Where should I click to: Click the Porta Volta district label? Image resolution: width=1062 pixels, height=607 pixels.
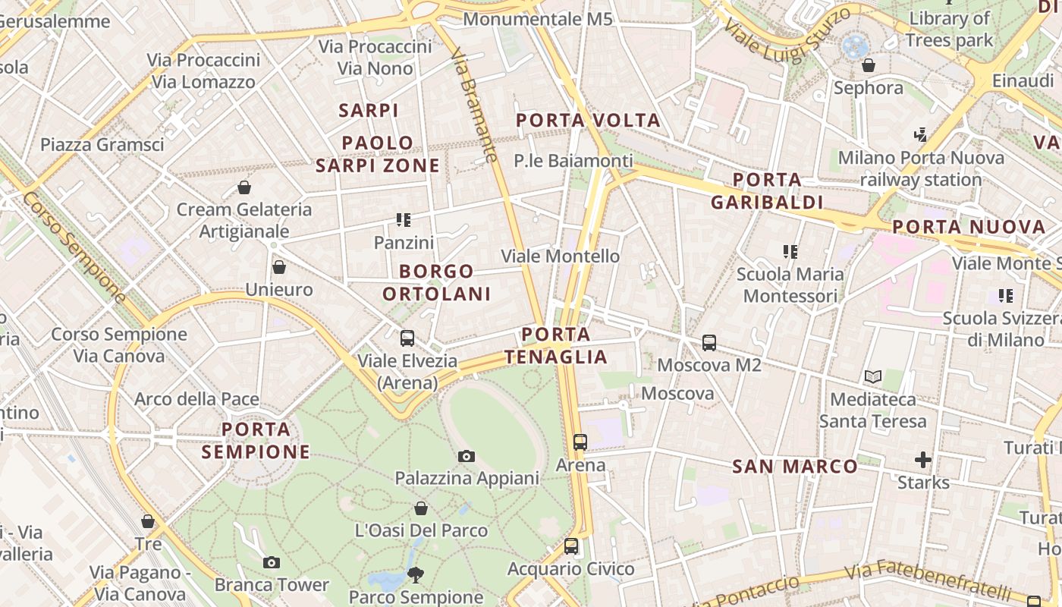(588, 120)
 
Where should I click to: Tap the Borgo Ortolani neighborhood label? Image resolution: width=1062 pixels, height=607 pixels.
(436, 282)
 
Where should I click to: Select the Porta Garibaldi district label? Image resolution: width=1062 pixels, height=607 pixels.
(768, 190)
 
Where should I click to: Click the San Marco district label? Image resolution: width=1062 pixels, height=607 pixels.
(794, 467)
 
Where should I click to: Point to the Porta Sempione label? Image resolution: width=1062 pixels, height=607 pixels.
(256, 441)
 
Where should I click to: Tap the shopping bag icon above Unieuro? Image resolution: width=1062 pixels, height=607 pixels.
(279, 267)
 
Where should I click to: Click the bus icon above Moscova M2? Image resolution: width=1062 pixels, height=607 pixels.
(709, 343)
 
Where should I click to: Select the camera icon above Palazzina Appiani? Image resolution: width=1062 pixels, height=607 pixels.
(467, 456)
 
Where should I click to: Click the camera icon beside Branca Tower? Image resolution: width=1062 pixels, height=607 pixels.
(271, 562)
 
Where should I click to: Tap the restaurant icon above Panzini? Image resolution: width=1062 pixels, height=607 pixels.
(404, 220)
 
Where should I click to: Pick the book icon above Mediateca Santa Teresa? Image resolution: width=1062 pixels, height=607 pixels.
(873, 376)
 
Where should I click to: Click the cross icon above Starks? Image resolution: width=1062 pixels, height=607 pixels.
(922, 460)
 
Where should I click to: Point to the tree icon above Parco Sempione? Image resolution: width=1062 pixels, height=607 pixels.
(415, 574)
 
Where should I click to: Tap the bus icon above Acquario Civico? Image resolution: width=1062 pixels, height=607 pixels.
(571, 546)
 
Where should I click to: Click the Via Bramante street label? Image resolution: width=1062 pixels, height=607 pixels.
(475, 105)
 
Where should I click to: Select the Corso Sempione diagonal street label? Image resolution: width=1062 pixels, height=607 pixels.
(74, 247)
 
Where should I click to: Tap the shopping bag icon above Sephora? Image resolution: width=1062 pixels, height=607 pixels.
(869, 66)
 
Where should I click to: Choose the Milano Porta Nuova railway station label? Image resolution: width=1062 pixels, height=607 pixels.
(921, 168)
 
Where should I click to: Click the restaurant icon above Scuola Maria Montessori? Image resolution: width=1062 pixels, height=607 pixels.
(790, 251)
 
